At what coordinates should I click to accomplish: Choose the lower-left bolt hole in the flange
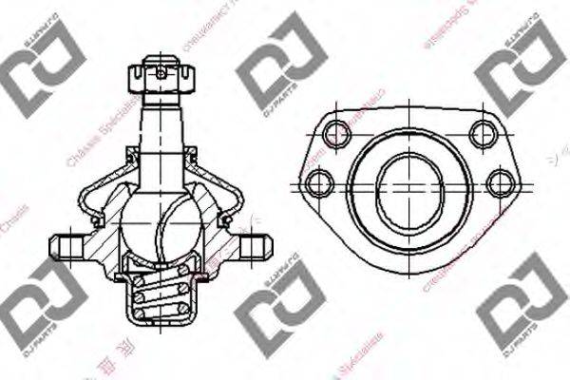click(x=318, y=181)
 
